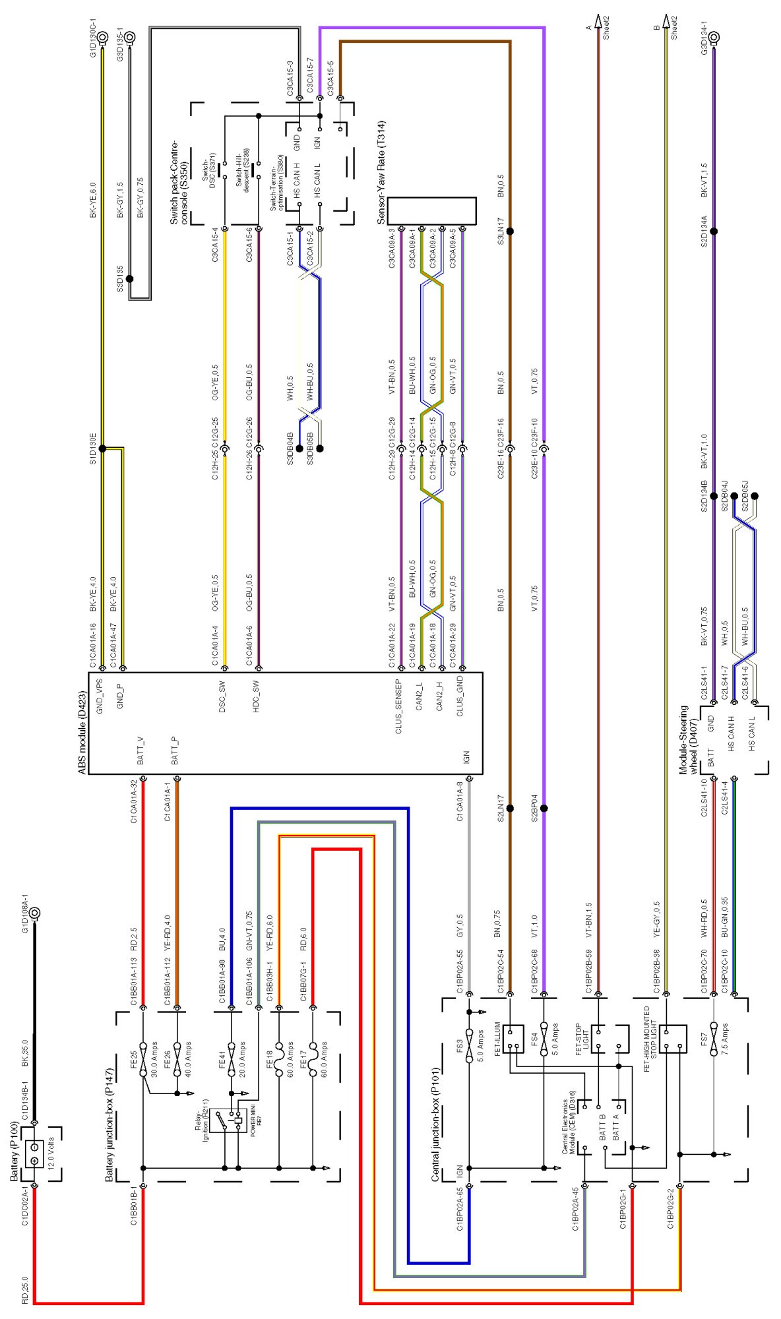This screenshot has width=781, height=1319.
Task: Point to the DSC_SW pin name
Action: tap(222, 696)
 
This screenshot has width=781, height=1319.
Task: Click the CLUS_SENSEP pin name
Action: tap(398, 706)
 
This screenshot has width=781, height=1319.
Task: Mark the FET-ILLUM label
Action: tap(499, 1040)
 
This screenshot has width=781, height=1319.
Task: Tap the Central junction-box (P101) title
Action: tap(435, 1134)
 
